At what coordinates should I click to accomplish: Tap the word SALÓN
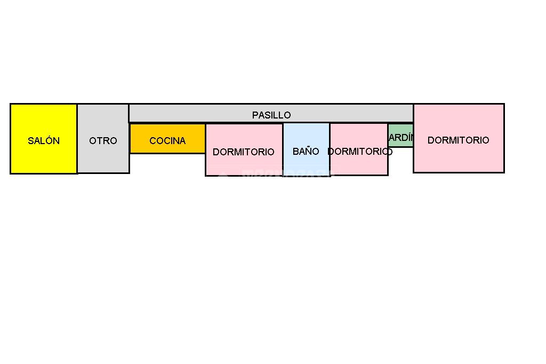(44, 141)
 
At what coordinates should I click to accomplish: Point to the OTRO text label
(103, 141)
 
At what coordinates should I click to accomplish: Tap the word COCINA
(167, 141)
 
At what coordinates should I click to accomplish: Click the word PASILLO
(271, 115)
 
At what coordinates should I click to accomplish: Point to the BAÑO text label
(306, 152)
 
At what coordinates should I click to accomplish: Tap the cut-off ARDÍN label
(402, 138)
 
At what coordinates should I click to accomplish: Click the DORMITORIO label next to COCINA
(244, 152)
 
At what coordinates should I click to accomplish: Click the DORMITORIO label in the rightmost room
(459, 140)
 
